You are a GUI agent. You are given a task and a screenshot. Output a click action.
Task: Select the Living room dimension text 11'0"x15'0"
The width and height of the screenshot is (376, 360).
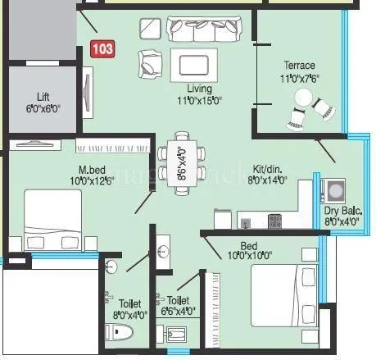pyautogui.click(x=198, y=100)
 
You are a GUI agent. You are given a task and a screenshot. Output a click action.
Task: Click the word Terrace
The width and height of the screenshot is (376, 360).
pyautogui.click(x=300, y=65)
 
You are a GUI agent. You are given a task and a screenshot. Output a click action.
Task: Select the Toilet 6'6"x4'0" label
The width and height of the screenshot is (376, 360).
pyautogui.click(x=178, y=305)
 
